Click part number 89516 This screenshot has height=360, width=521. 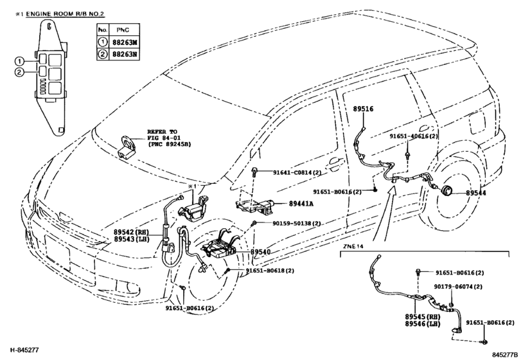pos(363,110)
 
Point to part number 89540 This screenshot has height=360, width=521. pos(260,253)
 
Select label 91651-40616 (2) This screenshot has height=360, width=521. pos(414,136)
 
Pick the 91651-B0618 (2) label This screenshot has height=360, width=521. pos(270,271)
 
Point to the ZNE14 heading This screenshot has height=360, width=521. pos(353,246)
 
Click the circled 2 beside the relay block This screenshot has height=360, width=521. pos(19,72)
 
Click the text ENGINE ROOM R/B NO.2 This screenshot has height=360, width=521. pos(67,14)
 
